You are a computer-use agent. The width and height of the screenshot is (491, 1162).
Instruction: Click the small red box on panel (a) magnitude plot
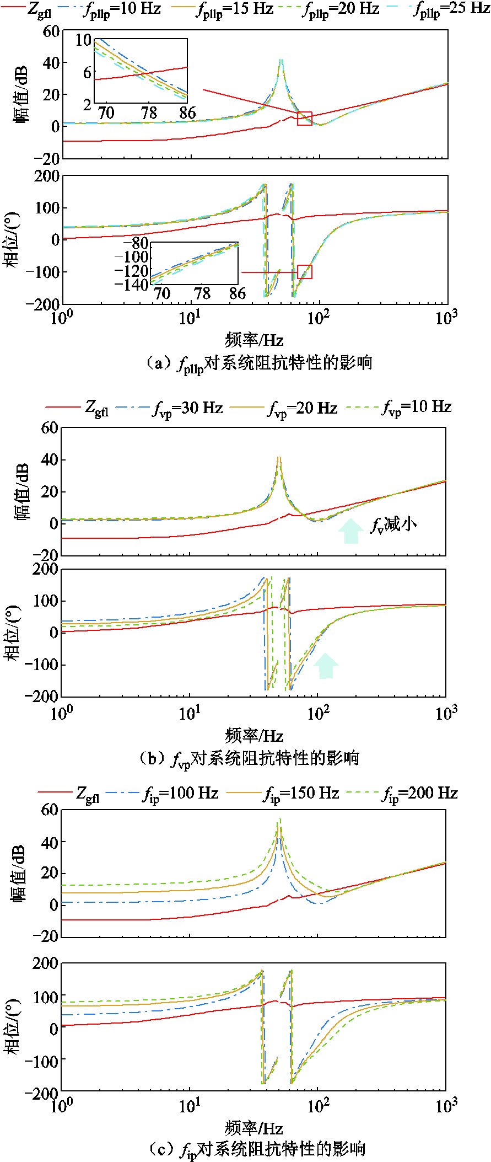[x=305, y=119]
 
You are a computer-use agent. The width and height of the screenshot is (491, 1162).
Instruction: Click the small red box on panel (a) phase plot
[x=305, y=272]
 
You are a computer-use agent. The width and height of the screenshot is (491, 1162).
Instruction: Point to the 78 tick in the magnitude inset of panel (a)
[x=149, y=113]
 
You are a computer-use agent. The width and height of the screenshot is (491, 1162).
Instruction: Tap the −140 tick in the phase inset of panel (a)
[x=132, y=285]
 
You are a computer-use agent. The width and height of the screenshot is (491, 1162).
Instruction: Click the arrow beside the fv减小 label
[x=350, y=531]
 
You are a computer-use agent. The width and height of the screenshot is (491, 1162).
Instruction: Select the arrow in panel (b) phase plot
[x=326, y=665]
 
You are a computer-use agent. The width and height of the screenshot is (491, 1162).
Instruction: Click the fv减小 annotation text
[x=393, y=524]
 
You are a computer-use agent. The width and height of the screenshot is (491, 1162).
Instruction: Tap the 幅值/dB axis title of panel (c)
[x=19, y=873]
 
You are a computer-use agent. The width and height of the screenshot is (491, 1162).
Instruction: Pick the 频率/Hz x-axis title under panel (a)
[x=254, y=340]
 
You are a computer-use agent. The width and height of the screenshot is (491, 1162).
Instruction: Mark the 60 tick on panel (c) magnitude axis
[x=50, y=810]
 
